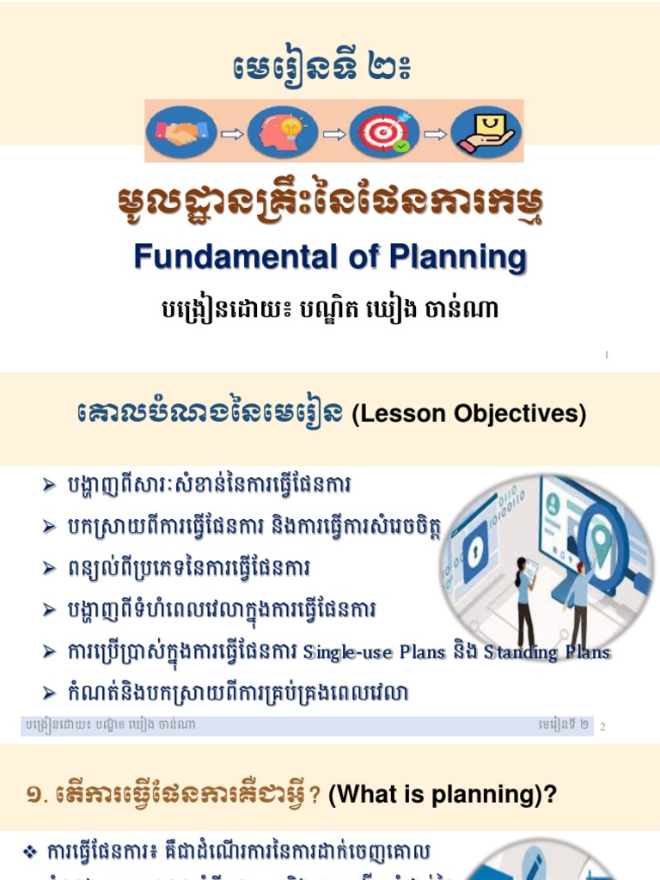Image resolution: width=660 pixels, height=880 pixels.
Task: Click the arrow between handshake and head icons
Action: tap(231, 133)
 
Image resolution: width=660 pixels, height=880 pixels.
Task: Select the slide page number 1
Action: tap(607, 354)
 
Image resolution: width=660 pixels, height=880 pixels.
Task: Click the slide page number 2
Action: tap(603, 727)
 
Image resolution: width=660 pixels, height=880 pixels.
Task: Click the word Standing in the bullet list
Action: tap(521, 652)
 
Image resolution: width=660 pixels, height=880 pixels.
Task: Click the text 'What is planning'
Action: tap(435, 795)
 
